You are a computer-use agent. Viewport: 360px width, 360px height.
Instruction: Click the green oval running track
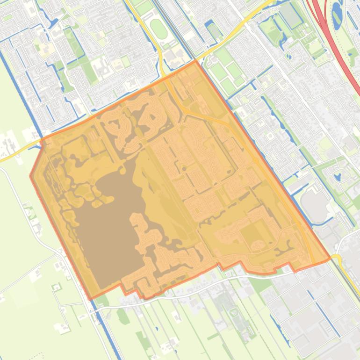(158, 29)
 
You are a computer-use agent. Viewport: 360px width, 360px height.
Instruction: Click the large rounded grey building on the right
(314, 205)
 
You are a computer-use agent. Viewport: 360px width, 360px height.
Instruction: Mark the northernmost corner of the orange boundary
(195, 61)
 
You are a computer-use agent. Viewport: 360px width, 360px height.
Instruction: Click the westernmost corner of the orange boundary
(31, 176)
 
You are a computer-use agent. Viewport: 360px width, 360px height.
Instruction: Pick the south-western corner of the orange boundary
(89, 298)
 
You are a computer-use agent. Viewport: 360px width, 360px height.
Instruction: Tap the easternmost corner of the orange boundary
(330, 257)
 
